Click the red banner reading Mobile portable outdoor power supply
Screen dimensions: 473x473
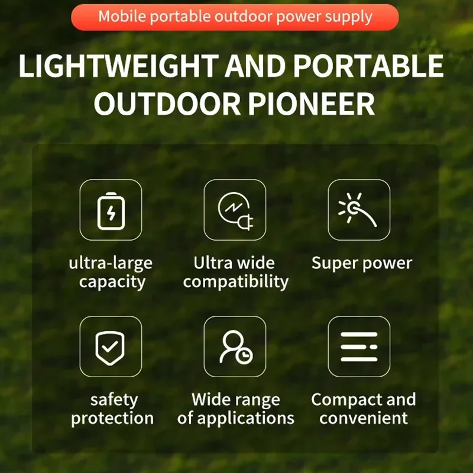tap(235, 17)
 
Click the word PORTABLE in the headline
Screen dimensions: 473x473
tap(368, 67)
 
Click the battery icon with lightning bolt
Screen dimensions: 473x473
tap(111, 210)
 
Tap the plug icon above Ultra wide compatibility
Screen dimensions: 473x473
tap(235, 210)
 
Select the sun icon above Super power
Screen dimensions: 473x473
tap(358, 210)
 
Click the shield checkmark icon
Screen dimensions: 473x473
tap(111, 346)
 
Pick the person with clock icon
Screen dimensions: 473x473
tap(235, 346)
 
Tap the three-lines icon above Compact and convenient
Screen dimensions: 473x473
tap(358, 346)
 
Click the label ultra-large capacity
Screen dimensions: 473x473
tap(111, 272)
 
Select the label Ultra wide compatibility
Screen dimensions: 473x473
tap(235, 272)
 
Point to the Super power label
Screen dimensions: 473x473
tap(361, 263)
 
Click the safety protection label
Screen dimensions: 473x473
tap(112, 409)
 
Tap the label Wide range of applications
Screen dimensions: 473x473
tap(235, 409)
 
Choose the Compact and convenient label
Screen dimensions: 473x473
tap(363, 409)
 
